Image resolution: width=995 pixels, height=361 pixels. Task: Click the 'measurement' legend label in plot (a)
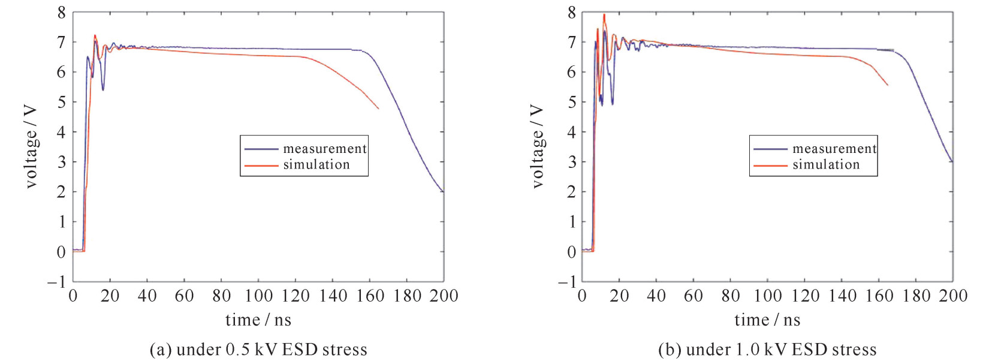tap(324, 149)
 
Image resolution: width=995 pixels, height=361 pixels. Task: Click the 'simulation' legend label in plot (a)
tap(316, 165)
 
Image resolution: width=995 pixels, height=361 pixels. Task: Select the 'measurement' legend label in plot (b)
tap(834, 149)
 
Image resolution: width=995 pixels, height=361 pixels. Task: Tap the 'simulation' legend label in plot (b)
tap(826, 165)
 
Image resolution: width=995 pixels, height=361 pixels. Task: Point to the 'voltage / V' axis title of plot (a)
tap(31, 148)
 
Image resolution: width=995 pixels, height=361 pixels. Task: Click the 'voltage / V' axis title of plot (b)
tap(537, 148)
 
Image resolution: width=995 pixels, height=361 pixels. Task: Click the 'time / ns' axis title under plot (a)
tap(258, 320)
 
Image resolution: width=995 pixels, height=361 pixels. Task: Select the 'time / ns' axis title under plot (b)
tap(767, 320)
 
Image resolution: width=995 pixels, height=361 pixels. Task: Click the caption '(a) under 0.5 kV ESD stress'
tap(258, 350)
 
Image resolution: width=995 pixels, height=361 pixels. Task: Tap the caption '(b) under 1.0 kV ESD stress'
tap(767, 350)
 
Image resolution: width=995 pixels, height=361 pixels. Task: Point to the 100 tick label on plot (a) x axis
tap(258, 296)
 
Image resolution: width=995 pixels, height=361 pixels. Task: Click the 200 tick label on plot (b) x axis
tap(953, 296)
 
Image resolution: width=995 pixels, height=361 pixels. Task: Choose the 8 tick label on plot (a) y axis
tap(61, 13)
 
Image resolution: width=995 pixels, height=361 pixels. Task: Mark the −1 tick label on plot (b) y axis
tap(566, 281)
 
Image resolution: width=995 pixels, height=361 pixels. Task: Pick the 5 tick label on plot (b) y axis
tap(572, 102)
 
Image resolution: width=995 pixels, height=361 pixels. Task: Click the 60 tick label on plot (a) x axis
tap(184, 296)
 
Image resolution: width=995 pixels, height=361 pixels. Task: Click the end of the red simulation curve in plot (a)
tap(379, 109)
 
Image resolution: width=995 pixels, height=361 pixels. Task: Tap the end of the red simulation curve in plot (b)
tap(888, 85)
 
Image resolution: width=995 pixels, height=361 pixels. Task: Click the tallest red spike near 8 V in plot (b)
tap(604, 14)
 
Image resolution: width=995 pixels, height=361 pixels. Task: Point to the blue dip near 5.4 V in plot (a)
tap(103, 90)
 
